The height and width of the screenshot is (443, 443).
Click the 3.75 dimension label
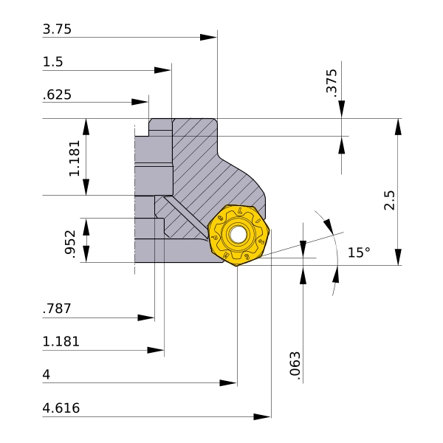point(57,30)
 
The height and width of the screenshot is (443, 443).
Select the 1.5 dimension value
point(52,62)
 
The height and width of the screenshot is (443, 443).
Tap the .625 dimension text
point(57,95)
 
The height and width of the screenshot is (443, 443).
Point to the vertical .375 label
point(332,83)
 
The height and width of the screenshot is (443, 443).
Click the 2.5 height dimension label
point(389,200)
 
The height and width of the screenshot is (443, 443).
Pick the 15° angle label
point(359,253)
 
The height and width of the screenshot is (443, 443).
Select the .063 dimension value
point(295,366)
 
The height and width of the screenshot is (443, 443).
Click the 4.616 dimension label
point(61,408)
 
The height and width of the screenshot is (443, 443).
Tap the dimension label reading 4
point(47,375)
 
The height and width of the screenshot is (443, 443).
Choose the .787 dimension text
point(57,309)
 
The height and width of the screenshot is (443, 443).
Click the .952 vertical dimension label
point(70,244)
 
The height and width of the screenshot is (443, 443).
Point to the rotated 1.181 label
point(75,158)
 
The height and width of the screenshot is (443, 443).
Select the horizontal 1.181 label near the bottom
point(61,342)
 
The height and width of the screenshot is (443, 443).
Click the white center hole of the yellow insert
point(238,234)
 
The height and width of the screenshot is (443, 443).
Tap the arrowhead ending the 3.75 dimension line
point(208,38)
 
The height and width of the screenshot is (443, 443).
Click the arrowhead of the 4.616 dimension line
point(262,416)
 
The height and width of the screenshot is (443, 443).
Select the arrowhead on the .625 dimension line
point(140,102)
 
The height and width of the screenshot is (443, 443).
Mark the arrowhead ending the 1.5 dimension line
point(162,70)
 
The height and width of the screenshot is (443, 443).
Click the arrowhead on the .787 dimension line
point(146,317)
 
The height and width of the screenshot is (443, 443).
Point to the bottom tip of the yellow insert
point(237,266)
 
